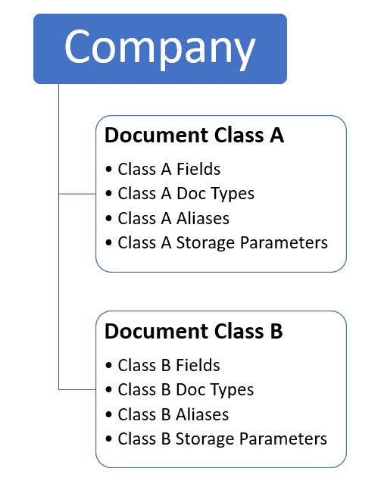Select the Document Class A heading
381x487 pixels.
[x=195, y=136]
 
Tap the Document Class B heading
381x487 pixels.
[x=194, y=331]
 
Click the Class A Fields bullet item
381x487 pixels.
[x=169, y=169]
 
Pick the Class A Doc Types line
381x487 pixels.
[x=186, y=195]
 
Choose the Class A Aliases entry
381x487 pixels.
[x=173, y=218]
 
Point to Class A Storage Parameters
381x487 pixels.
[x=223, y=243]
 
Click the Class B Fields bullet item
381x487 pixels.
[x=169, y=365]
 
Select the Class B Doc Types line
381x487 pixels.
[x=186, y=390]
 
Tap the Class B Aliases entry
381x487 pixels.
[x=173, y=414]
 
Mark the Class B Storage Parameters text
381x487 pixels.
[x=222, y=439]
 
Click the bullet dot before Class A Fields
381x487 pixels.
[x=108, y=170]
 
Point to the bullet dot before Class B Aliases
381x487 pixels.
[x=108, y=414]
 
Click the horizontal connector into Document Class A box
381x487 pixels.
[x=77, y=194]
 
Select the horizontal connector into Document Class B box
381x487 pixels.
[x=77, y=389]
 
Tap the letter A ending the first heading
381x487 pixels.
[x=276, y=136]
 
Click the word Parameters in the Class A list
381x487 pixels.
[x=284, y=243]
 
